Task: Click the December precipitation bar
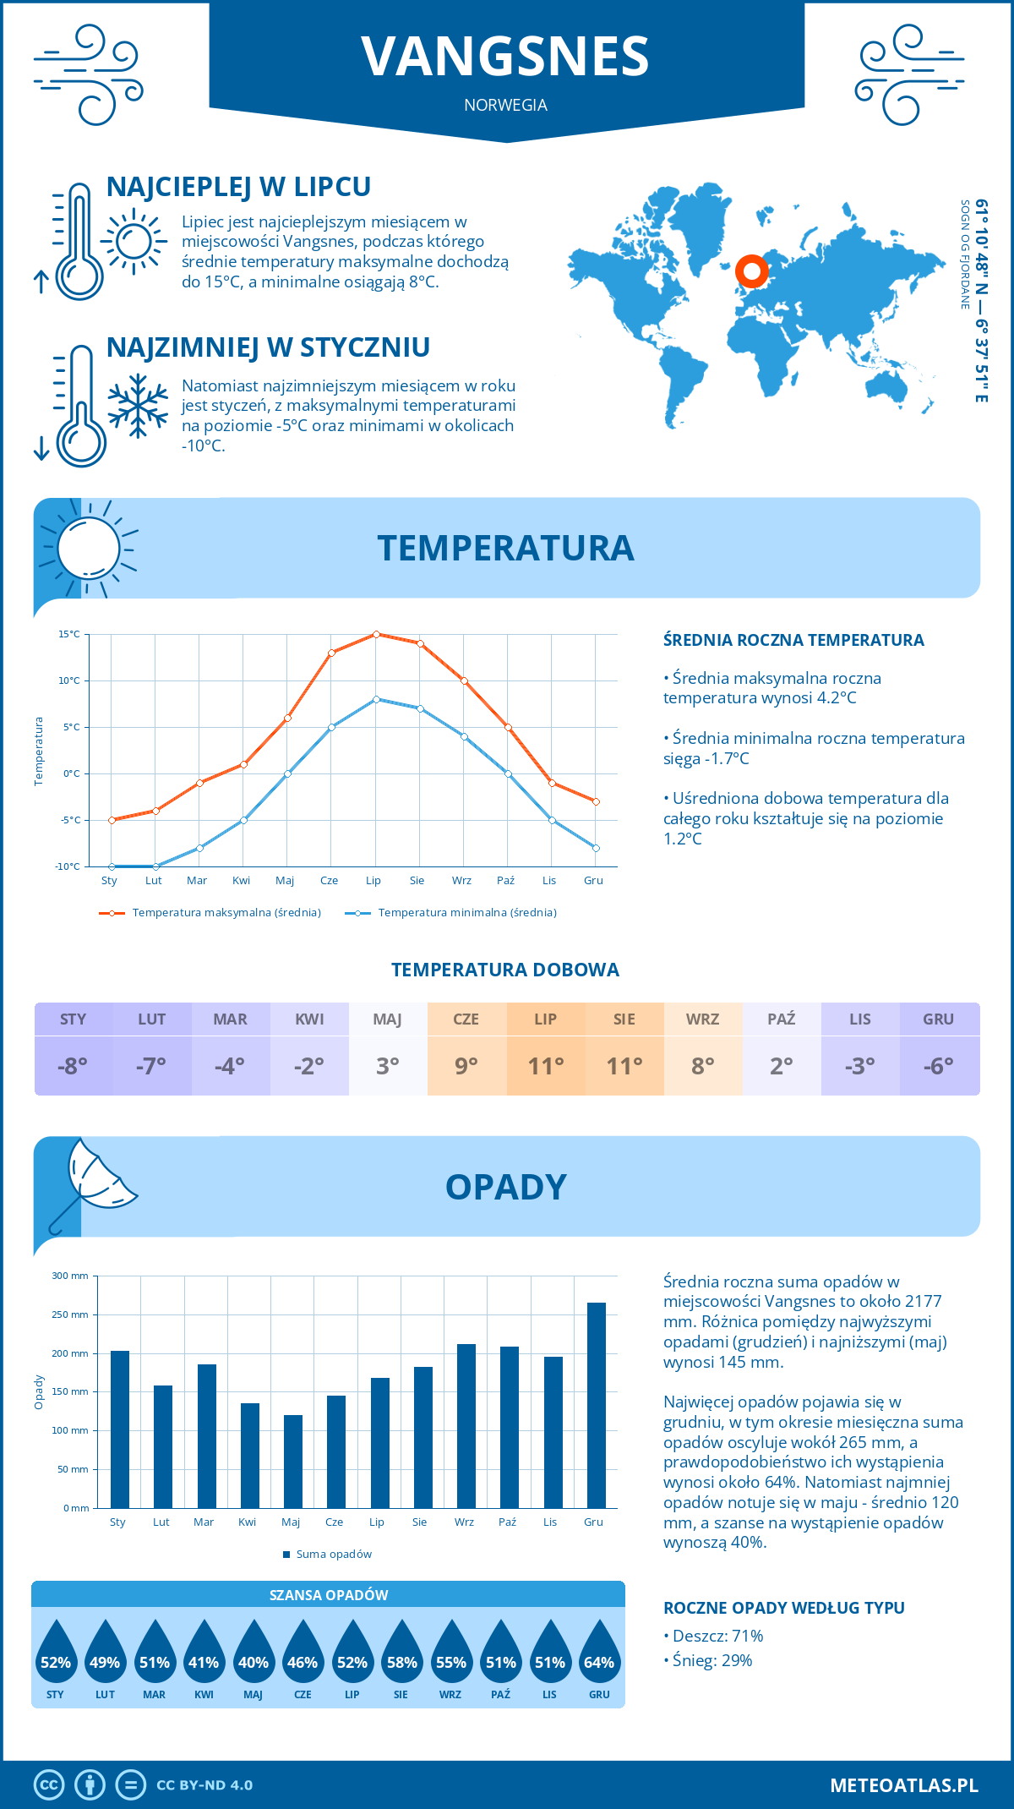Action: tap(597, 1405)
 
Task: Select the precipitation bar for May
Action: tap(293, 1461)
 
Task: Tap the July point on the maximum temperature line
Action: tap(376, 634)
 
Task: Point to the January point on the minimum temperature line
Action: tap(112, 866)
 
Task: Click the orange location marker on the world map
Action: tap(751, 271)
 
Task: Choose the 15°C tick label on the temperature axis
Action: tap(69, 634)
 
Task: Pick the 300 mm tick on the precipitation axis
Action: tap(71, 1276)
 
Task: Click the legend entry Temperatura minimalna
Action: tap(466, 913)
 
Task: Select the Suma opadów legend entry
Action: tap(333, 1554)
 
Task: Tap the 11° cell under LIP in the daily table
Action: tap(545, 1066)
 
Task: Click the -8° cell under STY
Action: tap(73, 1066)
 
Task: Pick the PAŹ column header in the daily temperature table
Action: tap(781, 1019)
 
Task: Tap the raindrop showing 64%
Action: tap(599, 1653)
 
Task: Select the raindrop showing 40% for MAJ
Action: tap(253, 1653)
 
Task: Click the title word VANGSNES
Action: tap(505, 57)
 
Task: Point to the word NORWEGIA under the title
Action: tap(505, 105)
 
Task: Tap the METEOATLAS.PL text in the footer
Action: tap(904, 1785)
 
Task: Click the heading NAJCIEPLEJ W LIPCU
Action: tap(238, 187)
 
